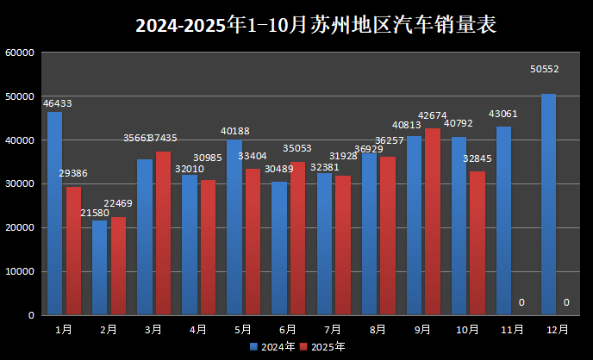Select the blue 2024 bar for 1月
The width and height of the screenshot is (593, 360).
coord(55,214)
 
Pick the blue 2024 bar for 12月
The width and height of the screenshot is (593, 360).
coord(548,205)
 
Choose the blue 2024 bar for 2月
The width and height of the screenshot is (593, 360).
coord(100,268)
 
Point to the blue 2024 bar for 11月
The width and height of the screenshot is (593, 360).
coord(503,220)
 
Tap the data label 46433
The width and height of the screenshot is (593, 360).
coord(57,103)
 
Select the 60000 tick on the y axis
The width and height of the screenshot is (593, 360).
coord(19,53)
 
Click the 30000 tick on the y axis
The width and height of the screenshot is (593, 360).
coord(19,184)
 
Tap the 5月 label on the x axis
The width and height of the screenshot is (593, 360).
coord(243,329)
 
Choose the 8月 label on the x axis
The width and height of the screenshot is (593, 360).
coord(378,329)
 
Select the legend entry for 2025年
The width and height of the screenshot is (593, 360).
coord(323,347)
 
